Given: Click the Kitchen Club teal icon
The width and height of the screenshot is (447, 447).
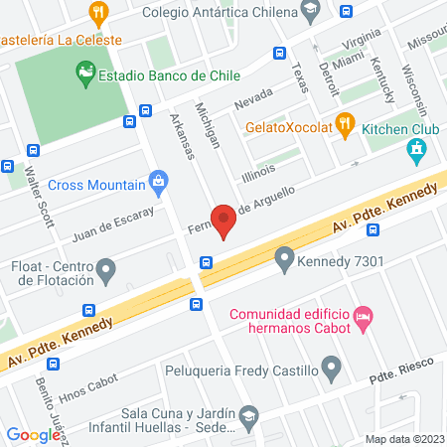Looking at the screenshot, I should tap(417, 151).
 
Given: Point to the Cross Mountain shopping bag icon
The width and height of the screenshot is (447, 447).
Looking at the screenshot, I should tap(157, 182).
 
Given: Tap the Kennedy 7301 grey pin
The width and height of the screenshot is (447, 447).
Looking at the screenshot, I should tap(285, 261).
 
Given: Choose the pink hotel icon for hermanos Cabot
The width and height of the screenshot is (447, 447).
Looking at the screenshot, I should tap(364, 316).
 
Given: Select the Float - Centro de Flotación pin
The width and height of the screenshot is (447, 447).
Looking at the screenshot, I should tap(107, 269).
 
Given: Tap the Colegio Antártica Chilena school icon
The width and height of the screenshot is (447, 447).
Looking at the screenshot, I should tap(311, 12).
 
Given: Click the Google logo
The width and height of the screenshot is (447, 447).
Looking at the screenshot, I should tap(33, 434).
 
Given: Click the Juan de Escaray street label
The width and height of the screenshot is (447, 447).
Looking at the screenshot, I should tap(113, 223).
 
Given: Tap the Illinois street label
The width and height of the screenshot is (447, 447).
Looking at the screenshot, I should tap(258, 170).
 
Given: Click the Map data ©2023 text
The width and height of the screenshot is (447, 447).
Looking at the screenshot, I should tap(404, 439).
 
